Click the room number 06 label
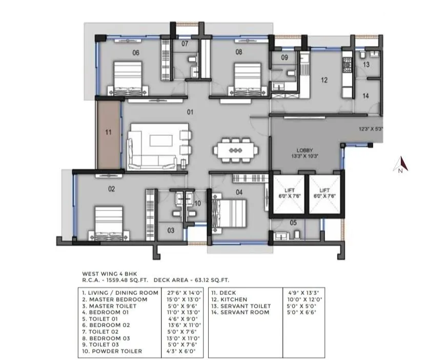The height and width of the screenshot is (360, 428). pyautogui.click(x=136, y=52)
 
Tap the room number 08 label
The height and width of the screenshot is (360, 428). pyautogui.click(x=239, y=52)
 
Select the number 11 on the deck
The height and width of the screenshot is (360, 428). pyautogui.click(x=108, y=132)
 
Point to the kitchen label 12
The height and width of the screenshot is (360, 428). pyautogui.click(x=324, y=80)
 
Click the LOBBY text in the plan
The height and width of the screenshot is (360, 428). pyautogui.click(x=304, y=150)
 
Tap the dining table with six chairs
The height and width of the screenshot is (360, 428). pyautogui.click(x=235, y=150)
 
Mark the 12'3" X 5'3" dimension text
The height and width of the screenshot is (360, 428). pyautogui.click(x=371, y=130)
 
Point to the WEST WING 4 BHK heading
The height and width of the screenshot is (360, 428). pyautogui.click(x=110, y=274)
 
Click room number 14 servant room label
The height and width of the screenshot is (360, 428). pyautogui.click(x=365, y=96)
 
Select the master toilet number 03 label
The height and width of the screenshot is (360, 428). pyautogui.click(x=171, y=230)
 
